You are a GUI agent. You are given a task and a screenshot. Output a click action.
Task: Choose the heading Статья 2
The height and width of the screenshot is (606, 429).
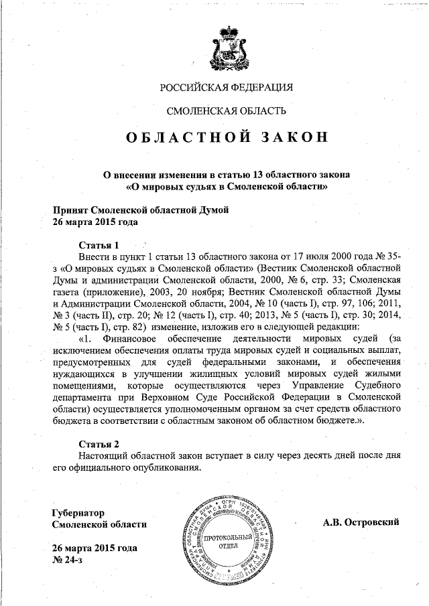click(99, 444)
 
